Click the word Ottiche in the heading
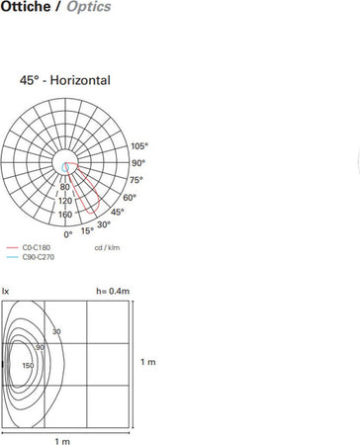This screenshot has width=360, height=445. coord(26,7)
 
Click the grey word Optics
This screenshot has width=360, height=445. coord(89,7)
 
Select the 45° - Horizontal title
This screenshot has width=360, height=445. coord(65,80)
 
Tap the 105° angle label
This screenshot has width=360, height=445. coord(139,146)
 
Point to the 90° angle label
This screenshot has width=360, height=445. coord(138,163)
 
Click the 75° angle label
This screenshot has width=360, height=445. coord(136,180)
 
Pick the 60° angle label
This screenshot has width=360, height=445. coord(130,198)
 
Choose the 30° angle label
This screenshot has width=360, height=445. coord(104,224)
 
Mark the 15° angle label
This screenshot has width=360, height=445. coord(87,230)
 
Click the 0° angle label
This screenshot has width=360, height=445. coord(68,234)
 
